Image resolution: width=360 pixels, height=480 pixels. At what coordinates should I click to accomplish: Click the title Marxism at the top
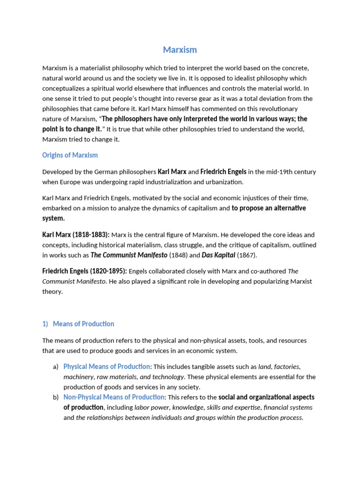pyautogui.click(x=180, y=50)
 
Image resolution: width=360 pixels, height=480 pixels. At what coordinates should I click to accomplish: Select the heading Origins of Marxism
pyautogui.click(x=70, y=155)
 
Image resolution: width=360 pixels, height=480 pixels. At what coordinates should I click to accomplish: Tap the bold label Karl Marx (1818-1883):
pyautogui.click(x=76, y=234)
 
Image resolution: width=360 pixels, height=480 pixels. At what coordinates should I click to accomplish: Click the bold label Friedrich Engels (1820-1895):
pyautogui.click(x=84, y=271)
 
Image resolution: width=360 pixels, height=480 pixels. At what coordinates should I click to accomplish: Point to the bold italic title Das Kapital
pyautogui.click(x=218, y=255)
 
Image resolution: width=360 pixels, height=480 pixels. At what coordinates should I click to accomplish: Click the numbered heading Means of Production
pyautogui.click(x=83, y=324)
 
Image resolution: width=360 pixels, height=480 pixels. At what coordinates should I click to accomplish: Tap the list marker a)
pyautogui.click(x=56, y=367)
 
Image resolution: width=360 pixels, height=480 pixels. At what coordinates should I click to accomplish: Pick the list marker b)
pyautogui.click(x=56, y=397)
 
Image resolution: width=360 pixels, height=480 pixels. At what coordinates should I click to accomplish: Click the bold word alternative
pyautogui.click(x=287, y=208)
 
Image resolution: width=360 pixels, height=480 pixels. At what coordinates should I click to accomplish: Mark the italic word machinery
pyautogui.click(x=78, y=377)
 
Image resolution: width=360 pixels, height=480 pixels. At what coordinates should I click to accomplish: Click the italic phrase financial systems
pyautogui.click(x=287, y=407)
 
